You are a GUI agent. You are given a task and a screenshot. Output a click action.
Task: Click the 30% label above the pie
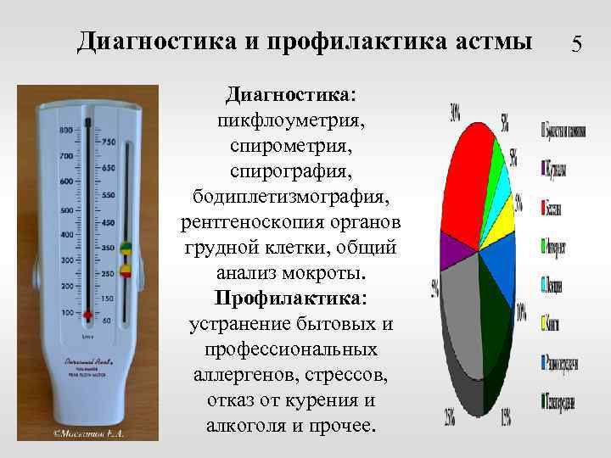pos(456,111)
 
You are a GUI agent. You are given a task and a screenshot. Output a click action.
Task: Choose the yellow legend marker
pos(544,321)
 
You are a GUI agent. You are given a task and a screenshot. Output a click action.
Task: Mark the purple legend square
pos(544,169)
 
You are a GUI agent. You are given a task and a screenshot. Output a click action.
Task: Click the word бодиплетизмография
pos(292,198)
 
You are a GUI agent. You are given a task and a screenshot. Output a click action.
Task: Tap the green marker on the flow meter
pos(125,249)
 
